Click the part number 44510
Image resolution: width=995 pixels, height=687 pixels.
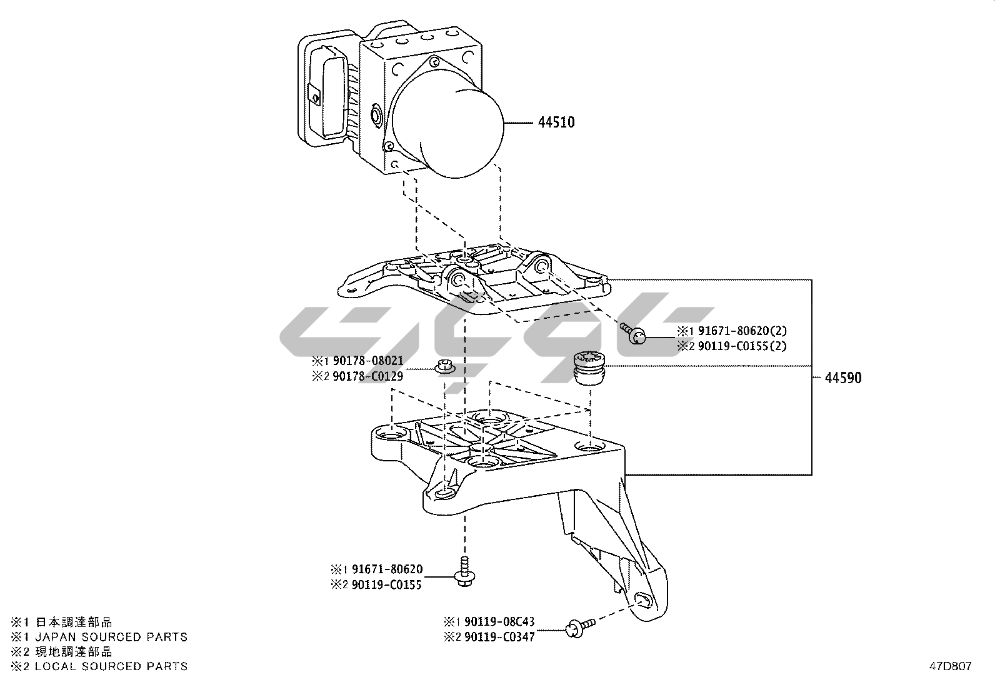click(x=556, y=123)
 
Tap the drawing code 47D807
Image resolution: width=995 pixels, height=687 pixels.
click(x=949, y=666)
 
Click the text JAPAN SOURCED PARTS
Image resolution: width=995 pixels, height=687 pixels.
click(x=111, y=637)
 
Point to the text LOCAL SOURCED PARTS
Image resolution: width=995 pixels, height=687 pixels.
click(x=111, y=666)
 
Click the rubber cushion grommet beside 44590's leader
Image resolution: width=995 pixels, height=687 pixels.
click(x=590, y=369)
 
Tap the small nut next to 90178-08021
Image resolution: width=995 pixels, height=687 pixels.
click(x=444, y=367)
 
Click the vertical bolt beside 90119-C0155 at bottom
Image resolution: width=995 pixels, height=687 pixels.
click(x=464, y=571)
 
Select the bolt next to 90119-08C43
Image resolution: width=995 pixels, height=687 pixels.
click(x=578, y=626)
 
